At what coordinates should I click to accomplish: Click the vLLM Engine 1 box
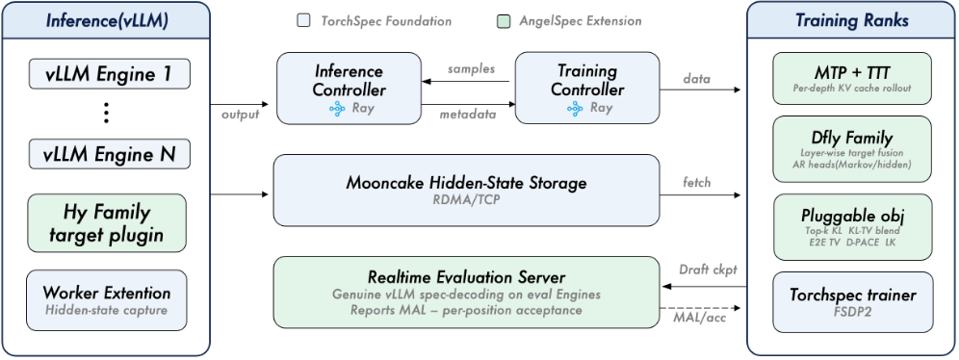pyautogui.click(x=110, y=74)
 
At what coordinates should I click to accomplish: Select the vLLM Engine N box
pyautogui.click(x=110, y=154)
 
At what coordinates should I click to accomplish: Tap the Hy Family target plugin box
pyautogui.click(x=107, y=223)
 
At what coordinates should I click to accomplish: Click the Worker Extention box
pyautogui.click(x=107, y=300)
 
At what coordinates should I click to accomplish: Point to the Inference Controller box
pyautogui.click(x=349, y=89)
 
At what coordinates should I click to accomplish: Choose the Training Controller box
pyautogui.click(x=587, y=89)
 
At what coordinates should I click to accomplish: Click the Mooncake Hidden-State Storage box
pyautogui.click(x=466, y=190)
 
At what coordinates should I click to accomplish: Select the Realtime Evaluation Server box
pyautogui.click(x=466, y=293)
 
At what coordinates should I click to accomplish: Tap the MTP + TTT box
pyautogui.click(x=852, y=78)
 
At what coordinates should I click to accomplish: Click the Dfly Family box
pyautogui.click(x=852, y=149)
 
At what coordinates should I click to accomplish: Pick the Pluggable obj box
pyautogui.click(x=852, y=227)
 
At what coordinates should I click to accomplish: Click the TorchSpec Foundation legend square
pyautogui.click(x=303, y=21)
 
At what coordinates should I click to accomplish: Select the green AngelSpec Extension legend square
pyautogui.click(x=502, y=21)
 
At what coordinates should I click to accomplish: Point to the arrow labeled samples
pyautogui.click(x=467, y=81)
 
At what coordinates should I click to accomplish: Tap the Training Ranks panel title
pyautogui.click(x=852, y=20)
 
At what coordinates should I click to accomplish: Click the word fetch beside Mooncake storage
pyautogui.click(x=696, y=182)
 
